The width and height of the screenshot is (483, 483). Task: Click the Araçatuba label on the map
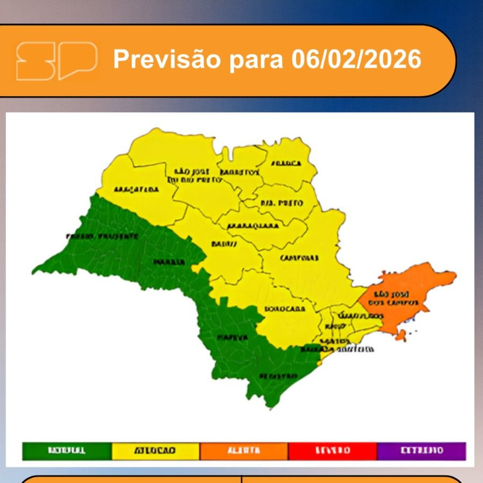tap(136, 189)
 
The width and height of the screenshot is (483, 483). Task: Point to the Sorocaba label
tap(285, 309)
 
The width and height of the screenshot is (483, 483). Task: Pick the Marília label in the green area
tap(169, 262)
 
